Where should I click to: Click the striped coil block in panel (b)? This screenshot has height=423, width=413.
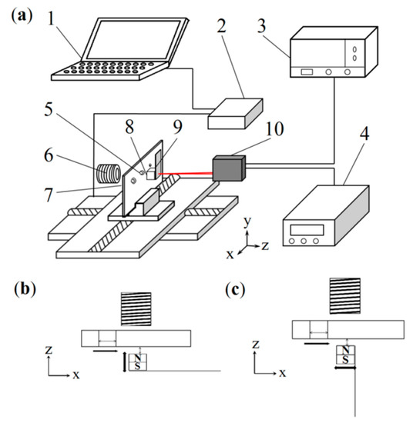(135, 309)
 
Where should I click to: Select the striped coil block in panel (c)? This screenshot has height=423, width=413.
(345, 295)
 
